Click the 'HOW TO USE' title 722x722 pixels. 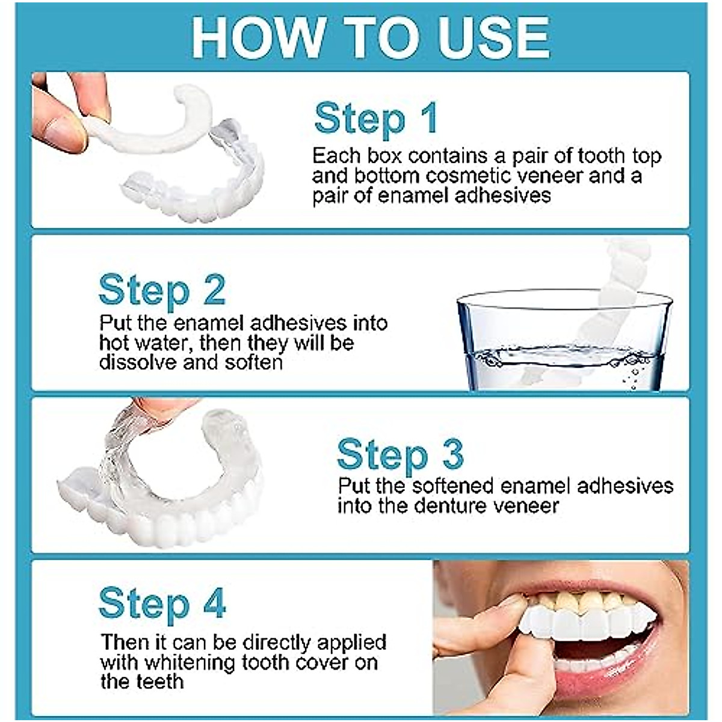tap(369, 37)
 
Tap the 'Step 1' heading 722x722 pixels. tap(375, 118)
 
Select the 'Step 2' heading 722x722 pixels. tap(162, 290)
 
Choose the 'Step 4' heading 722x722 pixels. tap(162, 603)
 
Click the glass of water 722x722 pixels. tap(563, 340)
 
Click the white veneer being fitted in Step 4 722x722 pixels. tap(578, 626)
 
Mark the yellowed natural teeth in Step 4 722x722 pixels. tap(578, 600)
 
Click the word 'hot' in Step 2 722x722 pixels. tap(114, 343)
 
